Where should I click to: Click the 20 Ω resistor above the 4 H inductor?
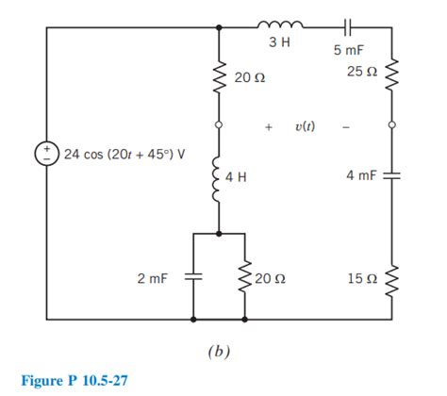[x=219, y=81]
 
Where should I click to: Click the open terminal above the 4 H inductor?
[x=219, y=124]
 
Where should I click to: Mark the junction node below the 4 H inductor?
[x=219, y=232]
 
